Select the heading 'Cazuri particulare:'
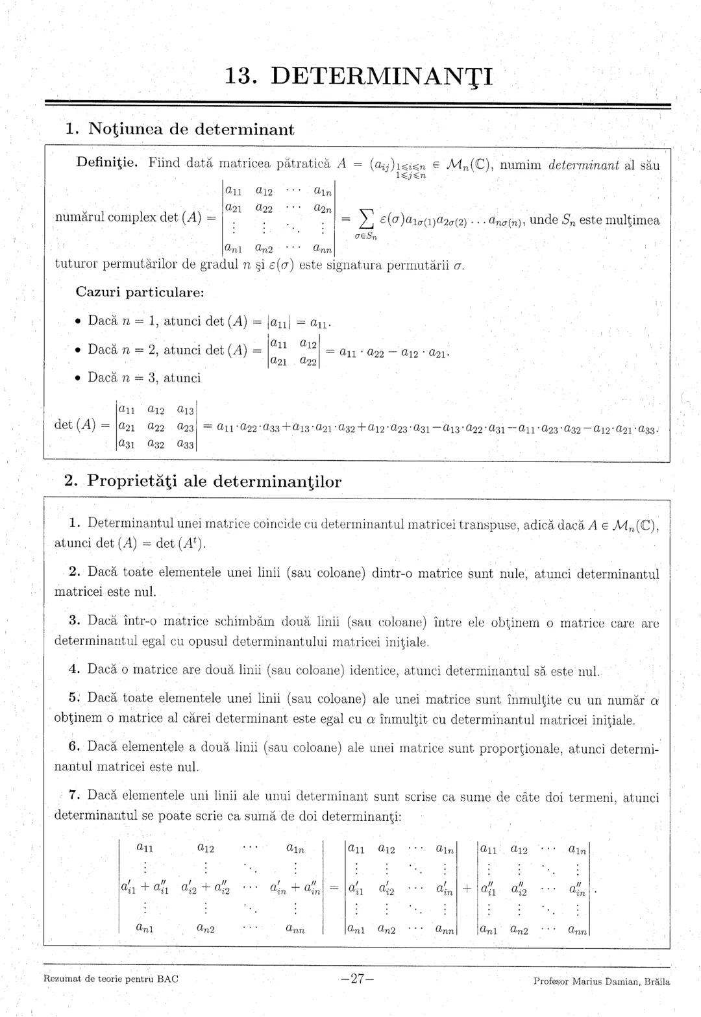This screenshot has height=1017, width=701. pyautogui.click(x=140, y=291)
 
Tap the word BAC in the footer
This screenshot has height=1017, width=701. pyautogui.click(x=168, y=979)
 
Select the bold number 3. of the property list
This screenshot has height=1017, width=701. pyautogui.click(x=74, y=620)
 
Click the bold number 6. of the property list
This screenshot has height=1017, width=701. pyautogui.click(x=74, y=746)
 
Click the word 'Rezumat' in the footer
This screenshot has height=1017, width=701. pyautogui.click(x=62, y=979)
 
